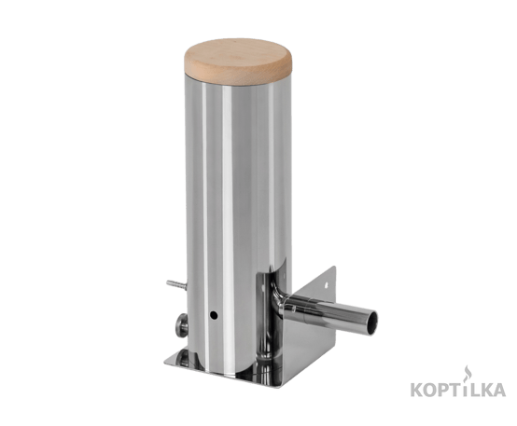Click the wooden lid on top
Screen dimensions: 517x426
(238, 62)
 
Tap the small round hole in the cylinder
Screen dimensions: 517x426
(214, 315)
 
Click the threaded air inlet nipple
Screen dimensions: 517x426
(175, 284)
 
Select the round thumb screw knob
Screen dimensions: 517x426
(182, 325)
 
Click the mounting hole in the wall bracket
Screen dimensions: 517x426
(327, 283)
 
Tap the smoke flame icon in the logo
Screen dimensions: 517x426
(467, 372)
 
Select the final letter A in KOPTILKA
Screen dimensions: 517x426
(498, 390)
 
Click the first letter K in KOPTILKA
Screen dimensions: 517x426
(417, 390)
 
